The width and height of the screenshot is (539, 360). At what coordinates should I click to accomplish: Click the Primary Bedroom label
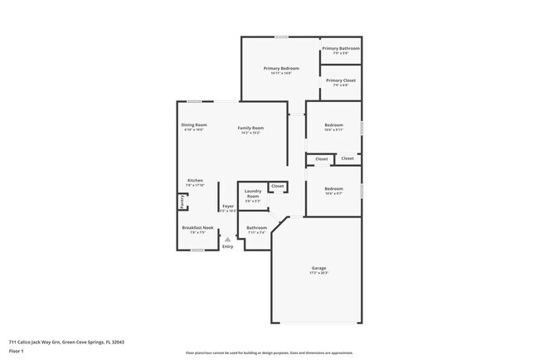tap(281, 68)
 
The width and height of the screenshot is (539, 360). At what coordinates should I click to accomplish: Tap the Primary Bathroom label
tap(341, 49)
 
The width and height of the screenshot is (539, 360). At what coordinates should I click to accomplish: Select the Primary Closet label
tap(341, 80)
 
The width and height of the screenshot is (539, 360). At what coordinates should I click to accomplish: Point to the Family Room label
tap(250, 128)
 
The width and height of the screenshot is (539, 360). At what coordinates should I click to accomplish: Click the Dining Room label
tap(193, 125)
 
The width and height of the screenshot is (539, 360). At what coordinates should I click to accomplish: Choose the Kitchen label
tap(195, 180)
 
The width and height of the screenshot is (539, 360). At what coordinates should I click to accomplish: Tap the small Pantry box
tap(182, 202)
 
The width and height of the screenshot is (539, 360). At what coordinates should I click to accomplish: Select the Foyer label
tap(227, 207)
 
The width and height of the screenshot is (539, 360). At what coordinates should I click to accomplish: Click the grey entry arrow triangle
tap(227, 239)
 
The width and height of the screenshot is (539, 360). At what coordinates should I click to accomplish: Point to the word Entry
tap(227, 246)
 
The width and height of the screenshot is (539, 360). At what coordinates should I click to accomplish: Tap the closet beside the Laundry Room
tap(278, 186)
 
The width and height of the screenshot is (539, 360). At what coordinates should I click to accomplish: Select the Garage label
tap(319, 268)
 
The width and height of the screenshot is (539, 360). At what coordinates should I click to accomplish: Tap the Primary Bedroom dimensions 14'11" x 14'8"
tap(281, 73)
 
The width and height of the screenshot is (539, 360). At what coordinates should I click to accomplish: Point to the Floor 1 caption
tap(17, 351)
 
